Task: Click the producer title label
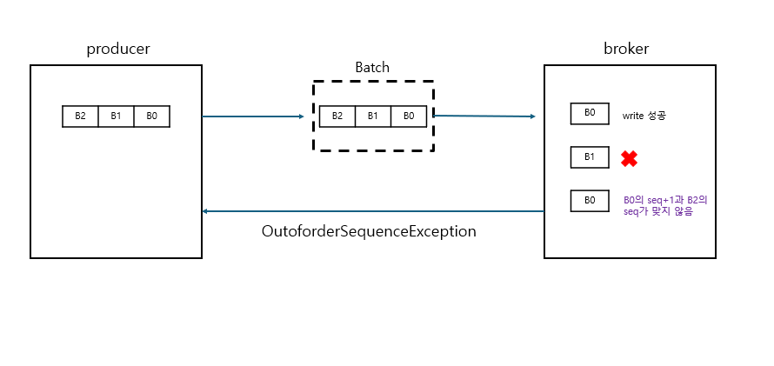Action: [x=118, y=49]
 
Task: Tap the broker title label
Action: [x=626, y=49]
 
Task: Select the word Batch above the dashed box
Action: [x=372, y=67]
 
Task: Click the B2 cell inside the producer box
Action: [x=80, y=116]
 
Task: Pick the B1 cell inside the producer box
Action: [x=116, y=116]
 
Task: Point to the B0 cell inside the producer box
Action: [x=151, y=116]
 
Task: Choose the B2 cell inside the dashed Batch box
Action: [x=337, y=116]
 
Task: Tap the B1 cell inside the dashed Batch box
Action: [x=372, y=116]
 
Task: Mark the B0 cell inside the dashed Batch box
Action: [x=409, y=116]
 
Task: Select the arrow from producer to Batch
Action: [x=252, y=116]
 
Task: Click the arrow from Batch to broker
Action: [x=484, y=116]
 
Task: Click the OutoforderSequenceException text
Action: [x=369, y=232]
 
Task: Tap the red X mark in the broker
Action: [x=629, y=158]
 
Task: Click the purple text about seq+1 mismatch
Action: [x=665, y=205]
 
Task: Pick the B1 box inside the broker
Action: [x=590, y=157]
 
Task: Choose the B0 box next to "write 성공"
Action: [x=590, y=114]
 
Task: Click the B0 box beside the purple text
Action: [x=590, y=201]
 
